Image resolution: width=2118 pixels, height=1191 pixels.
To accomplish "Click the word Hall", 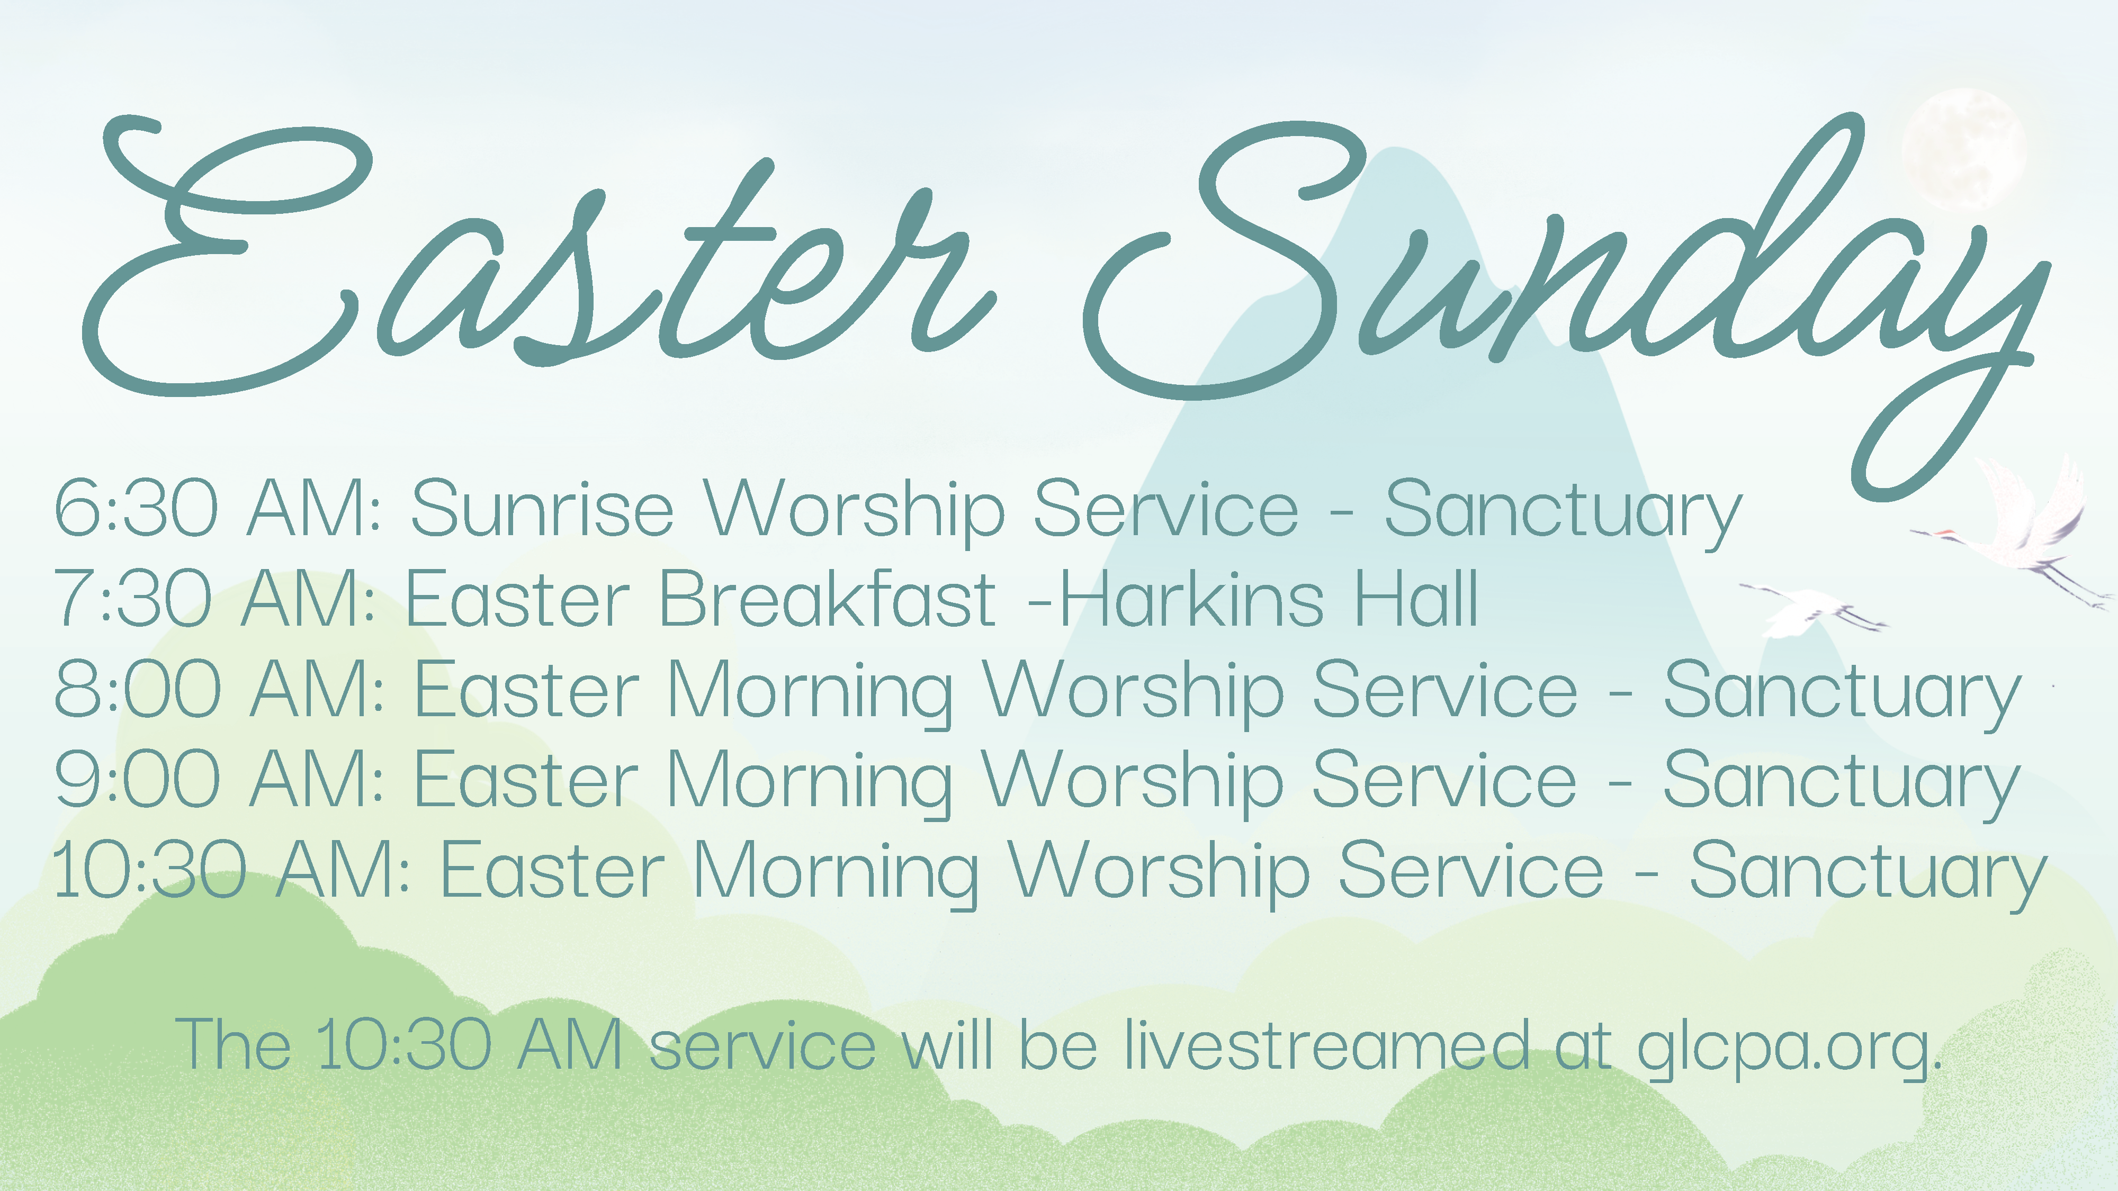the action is pyautogui.click(x=1416, y=598).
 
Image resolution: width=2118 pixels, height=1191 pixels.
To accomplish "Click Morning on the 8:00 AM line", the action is pyautogui.click(x=810, y=694).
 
